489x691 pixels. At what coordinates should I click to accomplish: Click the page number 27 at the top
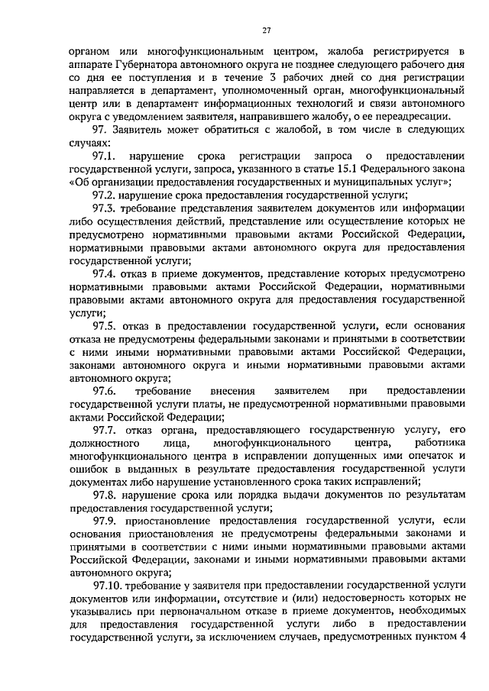(266, 30)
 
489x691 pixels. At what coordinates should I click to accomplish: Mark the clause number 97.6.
(103, 391)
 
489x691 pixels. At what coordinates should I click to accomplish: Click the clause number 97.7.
(103, 430)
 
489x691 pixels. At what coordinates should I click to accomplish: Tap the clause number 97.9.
(103, 521)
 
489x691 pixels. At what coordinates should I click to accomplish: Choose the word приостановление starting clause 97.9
(167, 521)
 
